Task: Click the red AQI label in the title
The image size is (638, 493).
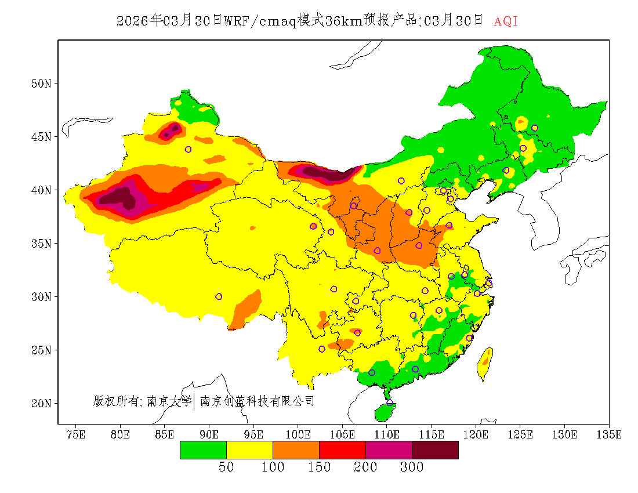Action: (506, 21)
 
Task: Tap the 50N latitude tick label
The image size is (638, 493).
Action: (41, 84)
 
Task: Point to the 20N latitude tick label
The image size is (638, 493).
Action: (41, 403)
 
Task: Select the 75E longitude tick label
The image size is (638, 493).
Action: (76, 434)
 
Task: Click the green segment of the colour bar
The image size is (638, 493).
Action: (203, 450)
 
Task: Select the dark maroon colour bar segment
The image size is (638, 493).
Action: (435, 450)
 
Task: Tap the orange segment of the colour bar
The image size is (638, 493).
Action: (296, 450)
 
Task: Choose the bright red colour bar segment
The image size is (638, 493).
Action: (342, 450)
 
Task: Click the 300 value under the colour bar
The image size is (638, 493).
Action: (412, 467)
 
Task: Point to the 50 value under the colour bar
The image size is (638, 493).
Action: (226, 467)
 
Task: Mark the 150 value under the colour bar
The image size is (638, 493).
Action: (319, 467)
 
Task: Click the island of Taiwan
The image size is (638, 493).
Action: (484, 364)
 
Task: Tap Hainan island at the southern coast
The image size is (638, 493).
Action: (384, 412)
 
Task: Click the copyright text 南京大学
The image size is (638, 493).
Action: (169, 401)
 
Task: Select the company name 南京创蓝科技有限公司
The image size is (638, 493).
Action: (257, 401)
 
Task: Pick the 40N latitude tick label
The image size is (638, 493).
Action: (41, 190)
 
